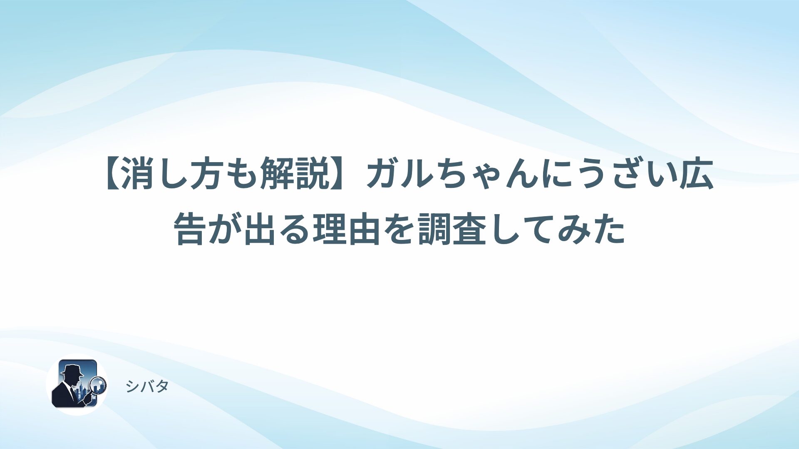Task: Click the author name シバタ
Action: pyautogui.click(x=147, y=387)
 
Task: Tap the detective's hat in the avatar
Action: pyautogui.click(x=72, y=370)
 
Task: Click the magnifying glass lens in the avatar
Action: pyautogui.click(x=98, y=385)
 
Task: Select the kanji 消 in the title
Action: pyautogui.click(x=138, y=175)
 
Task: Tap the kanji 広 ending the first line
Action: pyautogui.click(x=697, y=175)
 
